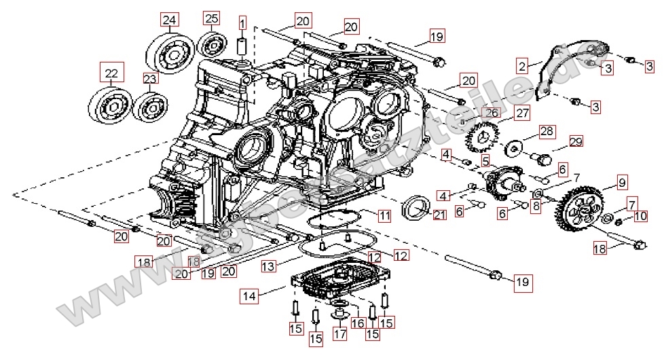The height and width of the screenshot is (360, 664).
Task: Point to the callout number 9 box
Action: click(621, 181)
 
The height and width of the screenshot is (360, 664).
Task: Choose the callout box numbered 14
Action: click(249, 295)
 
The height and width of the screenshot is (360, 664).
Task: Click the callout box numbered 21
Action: click(439, 215)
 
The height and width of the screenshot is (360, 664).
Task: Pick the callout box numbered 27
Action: click(521, 113)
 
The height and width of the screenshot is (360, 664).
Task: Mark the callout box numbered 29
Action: click(576, 141)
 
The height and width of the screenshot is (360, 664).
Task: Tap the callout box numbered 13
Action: click(269, 267)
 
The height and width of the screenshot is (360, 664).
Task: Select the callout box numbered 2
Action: click(521, 66)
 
